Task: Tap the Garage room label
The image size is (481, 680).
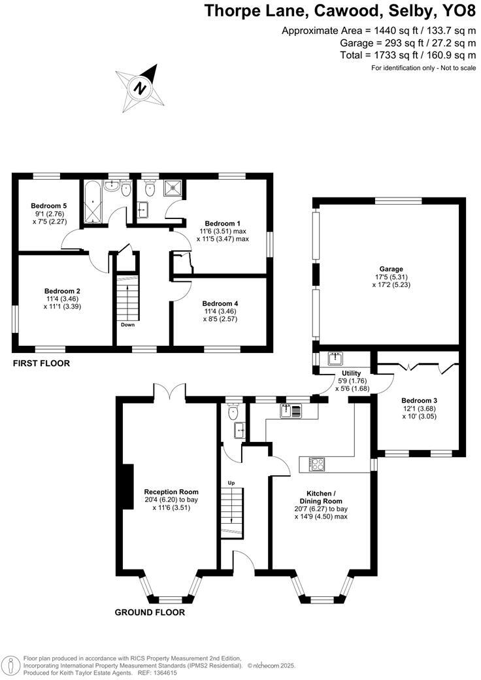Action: (391, 269)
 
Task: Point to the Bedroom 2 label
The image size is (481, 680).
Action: (62, 291)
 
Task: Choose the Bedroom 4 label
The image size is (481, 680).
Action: (220, 303)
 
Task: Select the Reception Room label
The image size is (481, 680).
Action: (171, 492)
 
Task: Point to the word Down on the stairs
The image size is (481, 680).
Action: (127, 324)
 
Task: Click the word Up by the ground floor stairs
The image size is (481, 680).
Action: (231, 483)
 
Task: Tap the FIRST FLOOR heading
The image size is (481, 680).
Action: (41, 363)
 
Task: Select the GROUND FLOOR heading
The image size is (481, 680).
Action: (150, 613)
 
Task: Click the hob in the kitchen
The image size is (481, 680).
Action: (316, 464)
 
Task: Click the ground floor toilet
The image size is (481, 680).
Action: (233, 411)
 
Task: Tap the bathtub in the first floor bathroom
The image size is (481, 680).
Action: (91, 203)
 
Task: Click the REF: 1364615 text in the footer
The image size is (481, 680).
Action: (163, 673)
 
